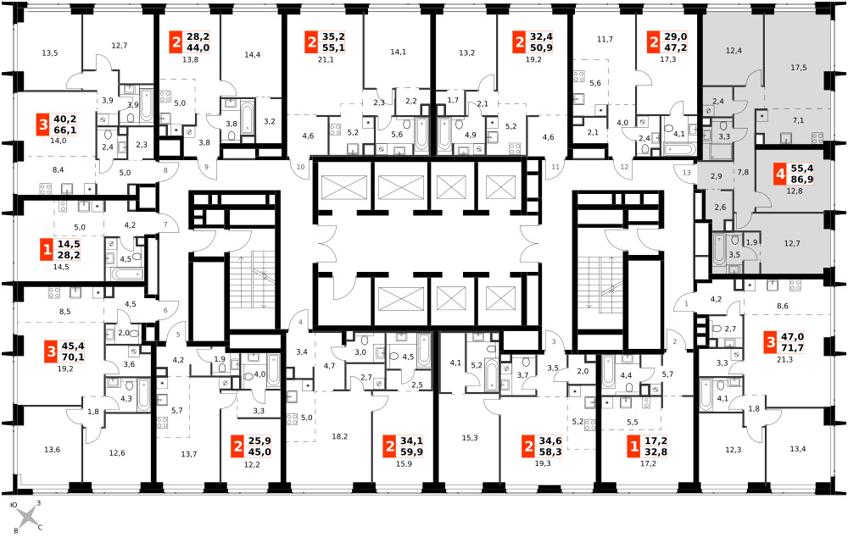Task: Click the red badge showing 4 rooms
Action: (x=779, y=174)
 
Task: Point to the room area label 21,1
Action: (x=326, y=59)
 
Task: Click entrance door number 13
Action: (x=687, y=173)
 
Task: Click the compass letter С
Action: (x=40, y=528)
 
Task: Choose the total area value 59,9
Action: (x=411, y=452)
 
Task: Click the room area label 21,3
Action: (x=784, y=359)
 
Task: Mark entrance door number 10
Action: (x=301, y=167)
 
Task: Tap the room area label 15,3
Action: (x=470, y=438)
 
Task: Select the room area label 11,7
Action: (x=605, y=39)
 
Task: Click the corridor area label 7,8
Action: (x=743, y=172)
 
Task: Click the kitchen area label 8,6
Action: (x=782, y=306)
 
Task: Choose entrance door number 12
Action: (x=625, y=167)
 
